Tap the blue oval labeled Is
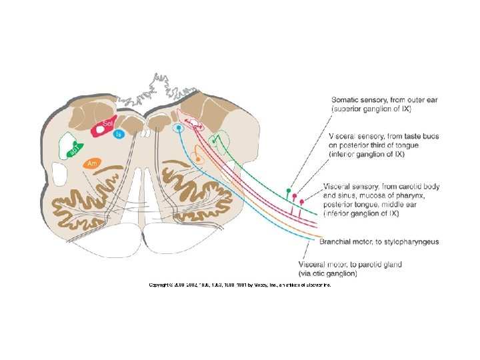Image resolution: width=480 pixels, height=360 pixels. pyautogui.click(x=119, y=135)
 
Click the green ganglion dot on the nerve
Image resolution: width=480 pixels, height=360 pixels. pyautogui.click(x=288, y=191)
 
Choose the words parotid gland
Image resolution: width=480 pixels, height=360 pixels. pyautogui.click(x=379, y=265)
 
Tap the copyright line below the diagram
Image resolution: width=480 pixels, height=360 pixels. pyautogui.click(x=239, y=285)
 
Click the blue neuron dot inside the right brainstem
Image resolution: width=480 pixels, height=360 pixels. pyautogui.click(x=178, y=127)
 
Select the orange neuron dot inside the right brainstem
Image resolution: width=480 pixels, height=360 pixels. pyautogui.click(x=197, y=158)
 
